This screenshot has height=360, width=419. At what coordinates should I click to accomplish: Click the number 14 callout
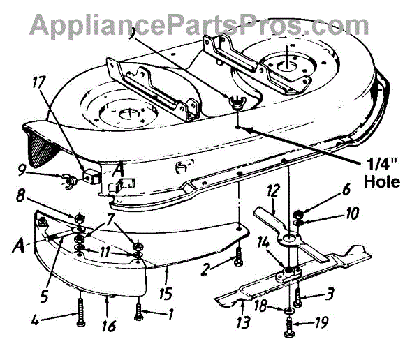tap(283, 243)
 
